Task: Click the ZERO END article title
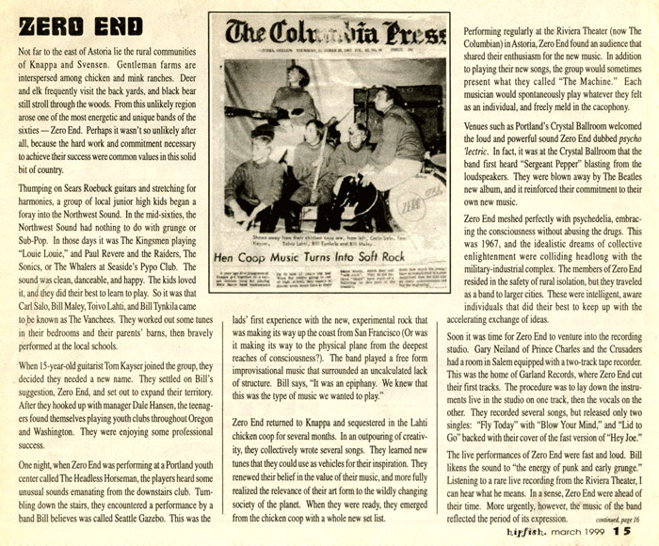click(x=80, y=24)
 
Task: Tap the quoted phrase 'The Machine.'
click(x=553, y=95)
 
